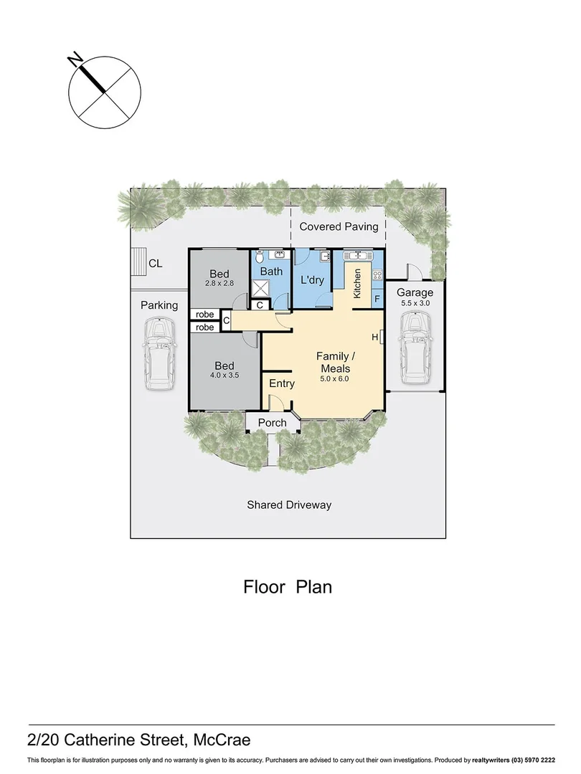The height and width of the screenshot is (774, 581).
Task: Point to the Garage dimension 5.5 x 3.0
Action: coord(415,304)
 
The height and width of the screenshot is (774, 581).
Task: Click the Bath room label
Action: coord(271,272)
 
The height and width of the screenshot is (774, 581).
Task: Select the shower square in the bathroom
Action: coord(259,287)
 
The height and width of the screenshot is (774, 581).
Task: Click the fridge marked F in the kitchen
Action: coord(377,297)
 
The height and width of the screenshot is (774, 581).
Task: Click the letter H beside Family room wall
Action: coord(374,337)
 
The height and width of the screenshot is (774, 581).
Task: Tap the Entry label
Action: coord(281,383)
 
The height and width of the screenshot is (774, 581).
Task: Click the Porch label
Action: coord(272,423)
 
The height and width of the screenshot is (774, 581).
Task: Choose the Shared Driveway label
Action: coord(289,505)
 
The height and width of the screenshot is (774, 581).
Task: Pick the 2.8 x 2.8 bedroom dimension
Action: coord(219,284)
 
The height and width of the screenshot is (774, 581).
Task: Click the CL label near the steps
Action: coord(156,264)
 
